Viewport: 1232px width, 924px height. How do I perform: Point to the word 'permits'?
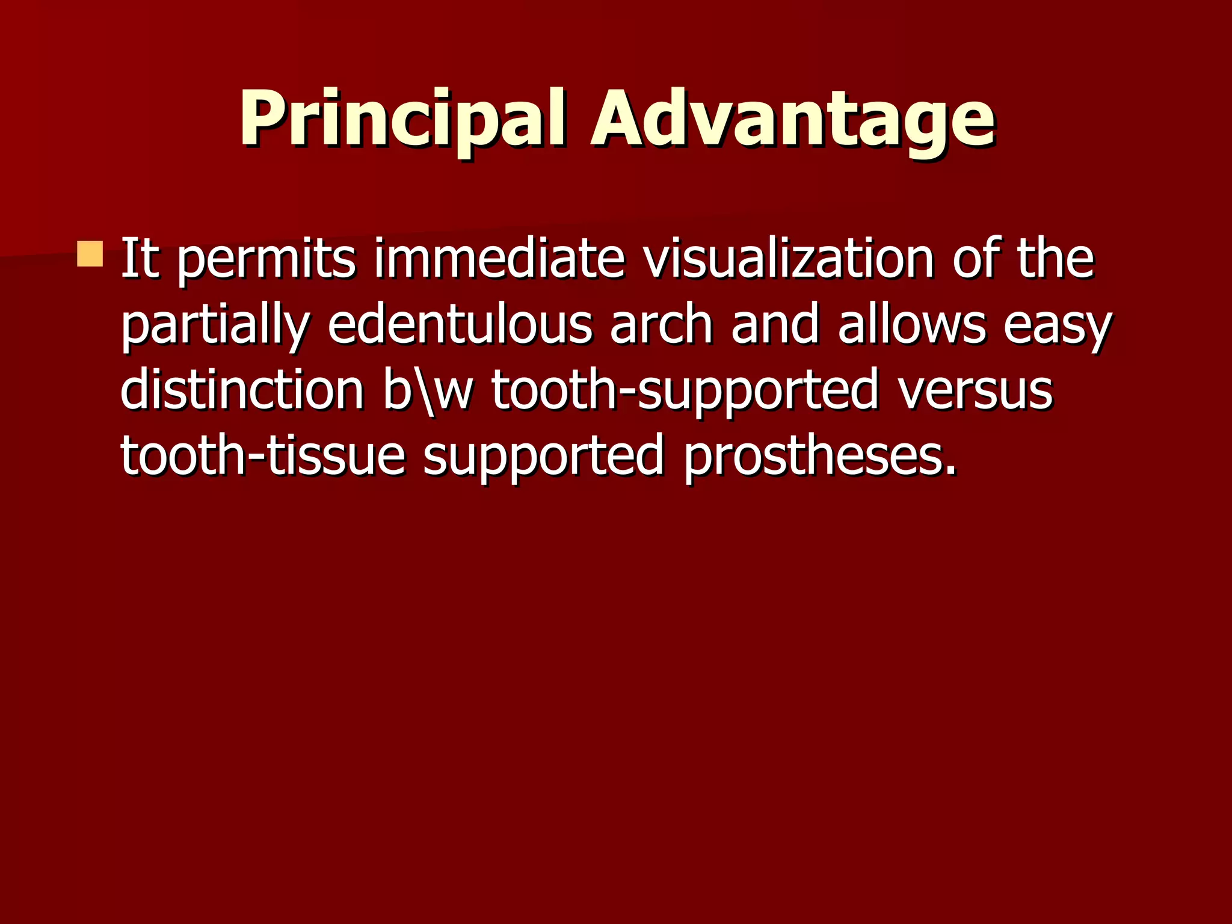point(266,260)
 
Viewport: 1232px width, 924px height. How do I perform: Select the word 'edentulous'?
point(460,325)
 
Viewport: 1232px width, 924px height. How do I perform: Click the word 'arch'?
point(661,325)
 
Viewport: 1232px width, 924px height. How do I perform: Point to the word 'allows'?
point(912,325)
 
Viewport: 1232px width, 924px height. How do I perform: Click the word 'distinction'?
point(242,390)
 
